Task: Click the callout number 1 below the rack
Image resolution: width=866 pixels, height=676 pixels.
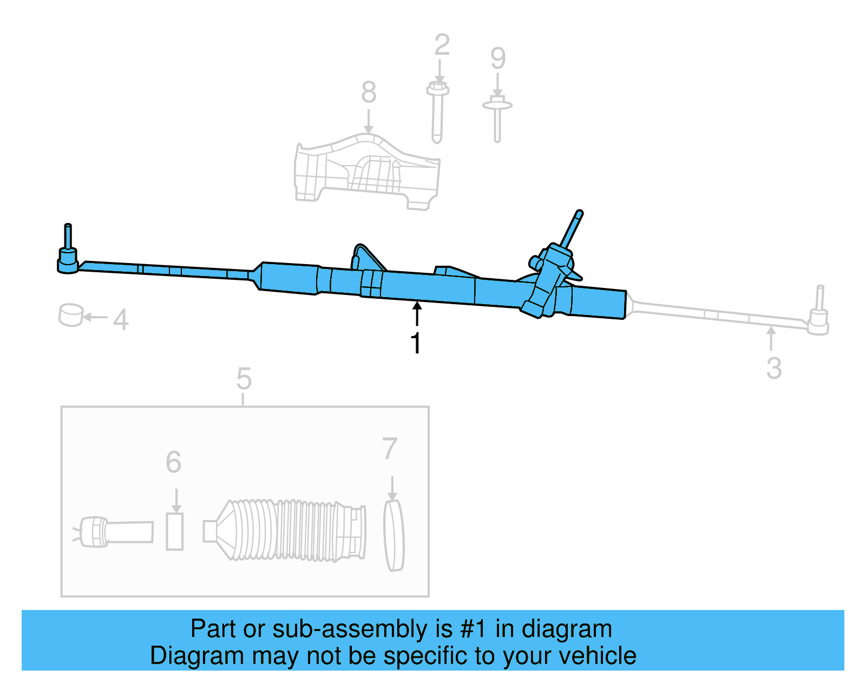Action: tap(416, 343)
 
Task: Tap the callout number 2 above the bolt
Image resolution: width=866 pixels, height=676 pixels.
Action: tap(442, 45)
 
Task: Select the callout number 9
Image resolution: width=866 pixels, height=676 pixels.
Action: tap(498, 58)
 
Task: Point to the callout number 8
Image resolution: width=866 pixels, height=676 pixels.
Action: tap(369, 92)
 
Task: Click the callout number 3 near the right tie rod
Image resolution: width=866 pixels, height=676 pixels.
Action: tap(774, 369)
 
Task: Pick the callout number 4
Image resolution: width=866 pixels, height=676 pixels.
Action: tap(121, 319)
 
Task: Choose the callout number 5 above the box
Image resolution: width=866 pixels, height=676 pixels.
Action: tap(244, 379)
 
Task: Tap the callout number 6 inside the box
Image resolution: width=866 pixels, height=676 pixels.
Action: tap(174, 462)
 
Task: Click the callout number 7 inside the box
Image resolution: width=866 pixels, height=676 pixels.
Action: tap(390, 449)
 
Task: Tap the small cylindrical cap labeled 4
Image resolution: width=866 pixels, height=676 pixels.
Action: tap(70, 315)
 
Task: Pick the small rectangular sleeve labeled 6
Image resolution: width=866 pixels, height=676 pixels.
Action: tap(174, 531)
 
